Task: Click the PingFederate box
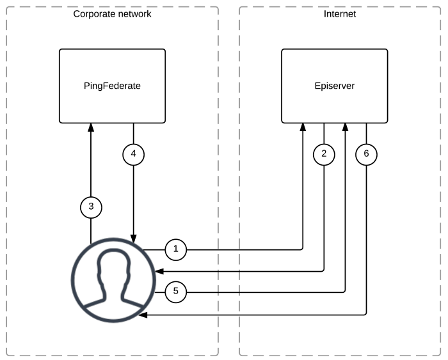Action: [112, 85]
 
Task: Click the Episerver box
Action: [335, 85]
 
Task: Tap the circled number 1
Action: [176, 249]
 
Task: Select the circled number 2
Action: [324, 153]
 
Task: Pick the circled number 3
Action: [91, 206]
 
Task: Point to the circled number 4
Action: [133, 153]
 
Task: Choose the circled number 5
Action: [176, 292]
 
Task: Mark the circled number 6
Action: [366, 153]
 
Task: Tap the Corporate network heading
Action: [112, 13]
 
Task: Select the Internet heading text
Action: [340, 13]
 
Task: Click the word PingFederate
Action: [112, 85]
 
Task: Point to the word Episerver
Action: [335, 85]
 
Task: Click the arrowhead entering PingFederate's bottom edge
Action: [91, 127]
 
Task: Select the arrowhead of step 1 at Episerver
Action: [303, 127]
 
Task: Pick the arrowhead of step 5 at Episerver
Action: [346, 127]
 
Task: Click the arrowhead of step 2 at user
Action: [156, 271]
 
